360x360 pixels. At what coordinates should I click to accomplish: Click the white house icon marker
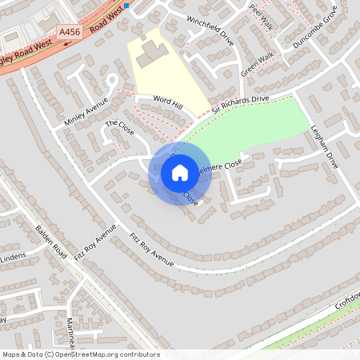tap(180, 173)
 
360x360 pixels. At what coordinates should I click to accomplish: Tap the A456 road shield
tap(70, 31)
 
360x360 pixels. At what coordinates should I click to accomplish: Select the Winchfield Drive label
tap(210, 30)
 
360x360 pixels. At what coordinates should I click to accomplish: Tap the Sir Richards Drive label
tap(240, 104)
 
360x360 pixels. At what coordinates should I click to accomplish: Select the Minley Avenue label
tap(86, 113)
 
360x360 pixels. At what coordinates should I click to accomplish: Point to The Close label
tap(118, 128)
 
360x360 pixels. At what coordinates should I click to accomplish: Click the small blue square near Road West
tap(126, 5)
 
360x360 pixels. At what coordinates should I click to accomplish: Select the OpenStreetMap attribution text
tap(80, 354)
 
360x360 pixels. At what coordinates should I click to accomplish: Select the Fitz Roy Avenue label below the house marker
tap(152, 250)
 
